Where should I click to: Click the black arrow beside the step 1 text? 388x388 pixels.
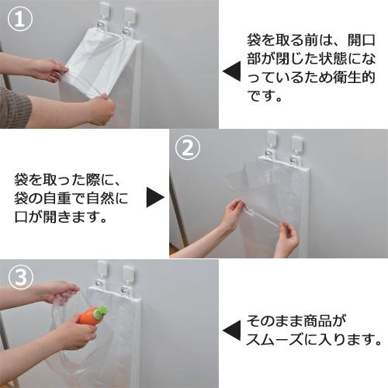click(231, 73)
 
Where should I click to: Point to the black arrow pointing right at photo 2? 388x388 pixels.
click(155, 197)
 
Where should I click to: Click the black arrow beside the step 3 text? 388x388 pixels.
click(231, 331)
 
